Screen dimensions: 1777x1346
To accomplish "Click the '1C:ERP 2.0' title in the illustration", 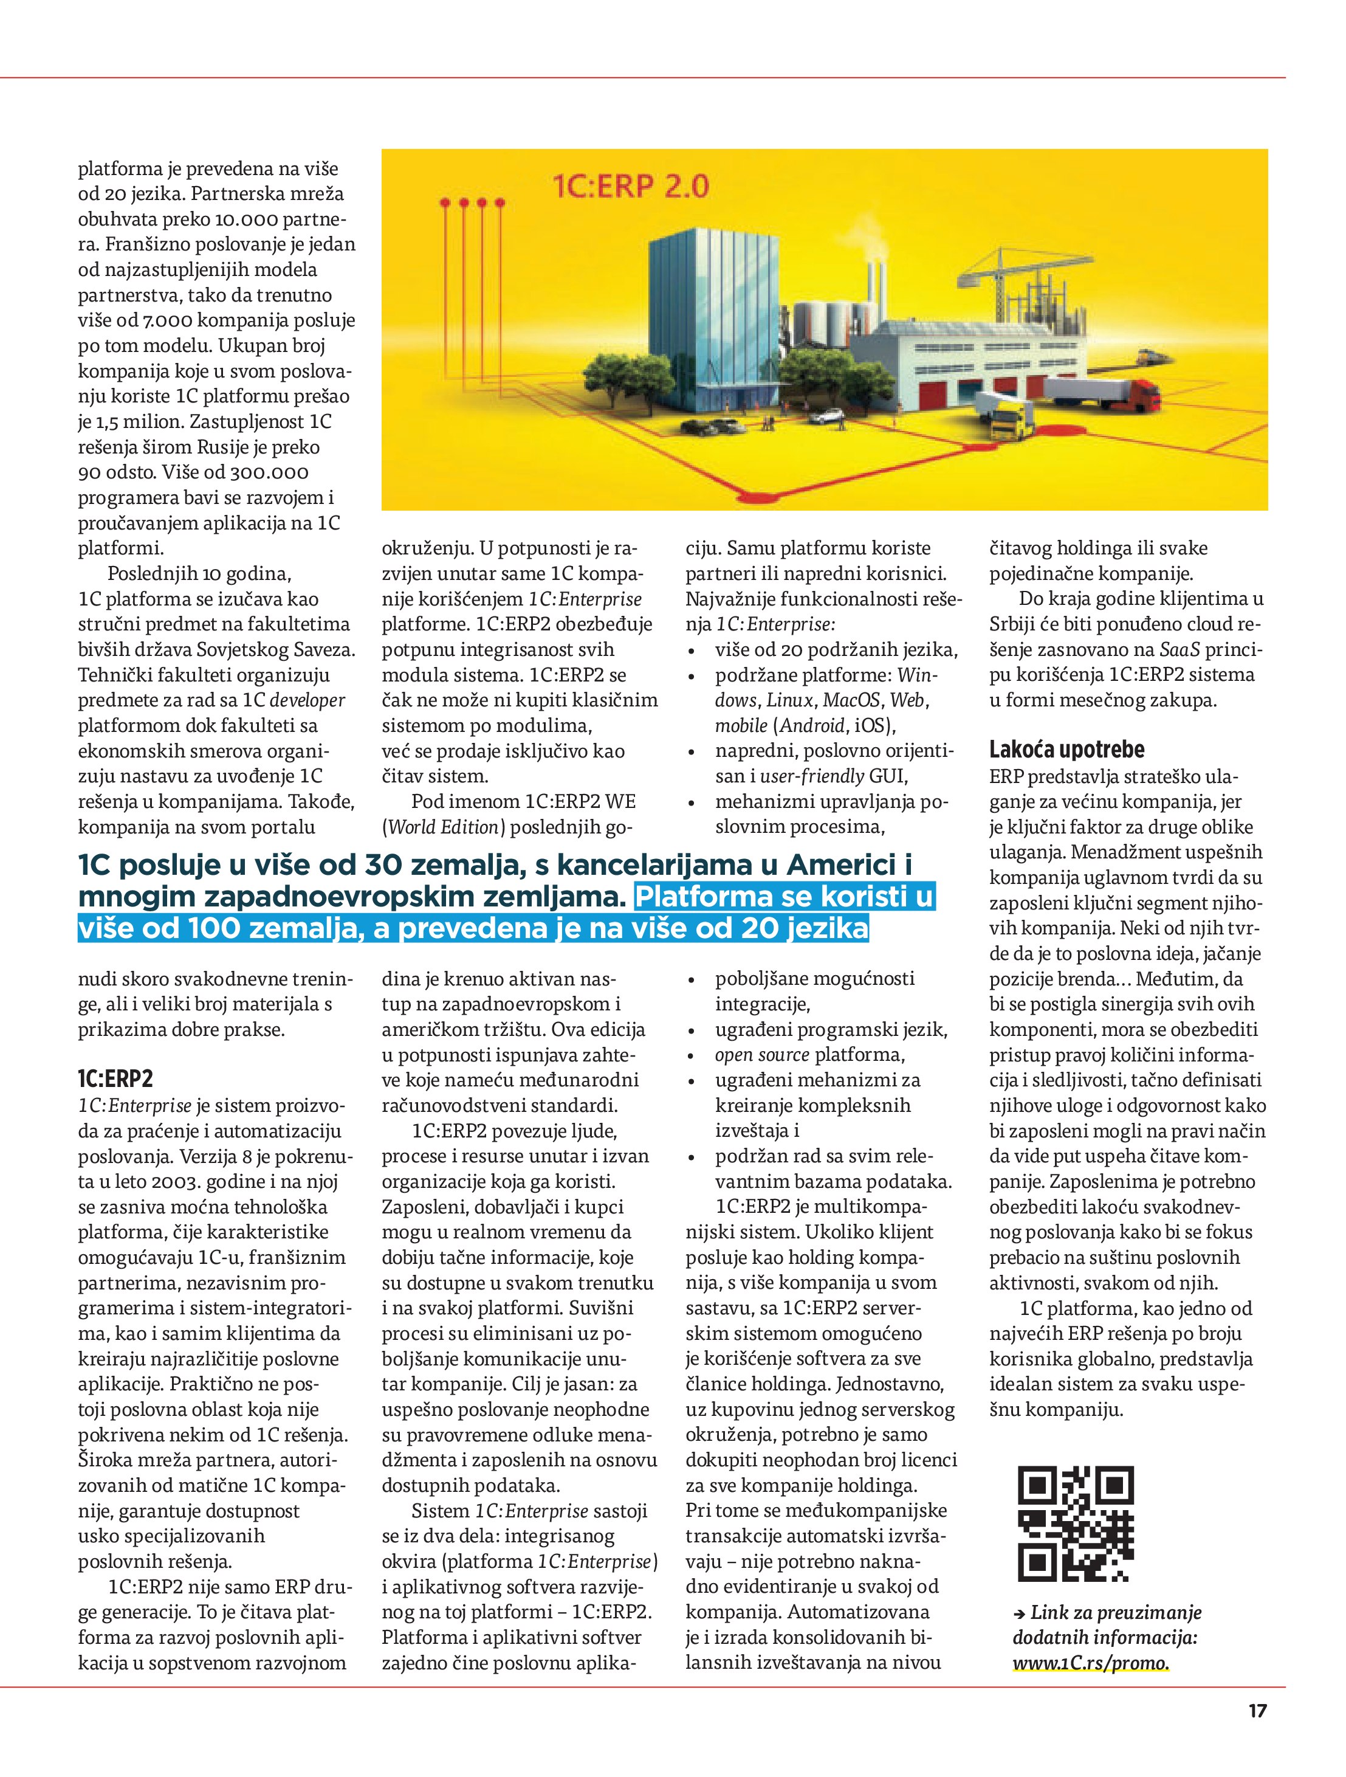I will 630,187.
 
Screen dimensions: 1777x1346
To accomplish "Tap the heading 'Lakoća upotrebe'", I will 1066,750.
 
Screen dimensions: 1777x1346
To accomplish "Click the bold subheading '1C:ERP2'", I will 115,1079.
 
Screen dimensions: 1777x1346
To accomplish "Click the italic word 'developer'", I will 307,700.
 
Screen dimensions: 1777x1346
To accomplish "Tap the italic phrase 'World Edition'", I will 444,827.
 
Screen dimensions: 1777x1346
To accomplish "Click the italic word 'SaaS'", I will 1179,650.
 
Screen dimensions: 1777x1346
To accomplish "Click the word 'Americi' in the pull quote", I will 850,864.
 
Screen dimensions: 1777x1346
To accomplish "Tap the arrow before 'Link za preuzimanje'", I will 1019,1613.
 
